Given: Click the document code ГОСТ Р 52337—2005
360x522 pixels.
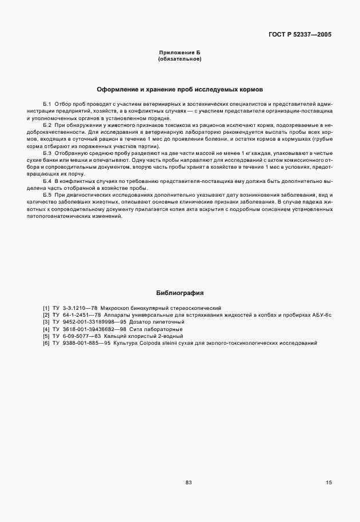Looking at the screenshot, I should [299, 34].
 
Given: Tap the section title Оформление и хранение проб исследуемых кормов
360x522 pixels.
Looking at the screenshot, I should [179, 90].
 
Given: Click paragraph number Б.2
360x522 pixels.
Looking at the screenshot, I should [47, 125].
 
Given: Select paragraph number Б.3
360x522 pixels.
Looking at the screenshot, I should [47, 154].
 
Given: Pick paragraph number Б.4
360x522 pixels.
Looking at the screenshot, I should [47, 181].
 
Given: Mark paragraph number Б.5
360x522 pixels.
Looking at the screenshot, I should [47, 195].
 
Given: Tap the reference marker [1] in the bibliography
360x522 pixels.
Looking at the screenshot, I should [46, 308].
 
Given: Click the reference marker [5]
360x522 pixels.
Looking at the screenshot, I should [46, 336].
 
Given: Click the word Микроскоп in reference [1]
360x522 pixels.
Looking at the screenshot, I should [117, 308].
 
